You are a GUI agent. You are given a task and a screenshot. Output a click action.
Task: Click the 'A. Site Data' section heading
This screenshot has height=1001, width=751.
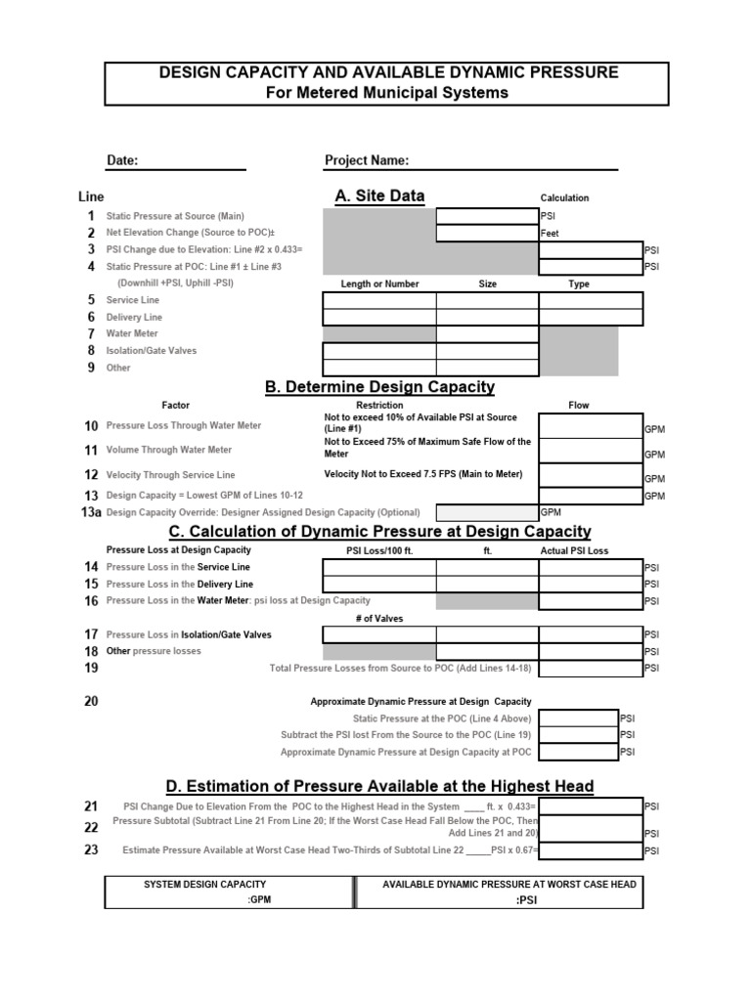(379, 196)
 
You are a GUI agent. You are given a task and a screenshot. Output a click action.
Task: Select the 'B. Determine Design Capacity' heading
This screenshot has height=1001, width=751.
(379, 387)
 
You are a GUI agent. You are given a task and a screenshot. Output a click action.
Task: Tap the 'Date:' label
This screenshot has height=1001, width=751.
(122, 160)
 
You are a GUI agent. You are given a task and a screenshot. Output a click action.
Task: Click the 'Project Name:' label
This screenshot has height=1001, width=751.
(367, 160)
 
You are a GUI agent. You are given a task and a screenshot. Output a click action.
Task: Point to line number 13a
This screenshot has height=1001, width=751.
(91, 512)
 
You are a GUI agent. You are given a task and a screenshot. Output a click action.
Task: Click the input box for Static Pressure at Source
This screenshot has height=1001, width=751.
(487, 216)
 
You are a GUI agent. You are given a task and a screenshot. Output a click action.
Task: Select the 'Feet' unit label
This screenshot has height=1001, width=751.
(551, 234)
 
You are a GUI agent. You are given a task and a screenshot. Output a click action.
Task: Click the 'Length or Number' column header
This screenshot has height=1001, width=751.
(379, 284)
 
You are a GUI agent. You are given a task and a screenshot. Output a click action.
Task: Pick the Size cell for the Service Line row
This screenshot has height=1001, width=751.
(487, 300)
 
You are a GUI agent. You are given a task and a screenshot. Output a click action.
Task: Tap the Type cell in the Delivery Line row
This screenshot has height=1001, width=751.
(591, 317)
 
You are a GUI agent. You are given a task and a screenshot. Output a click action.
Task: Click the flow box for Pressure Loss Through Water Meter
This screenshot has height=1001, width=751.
(591, 426)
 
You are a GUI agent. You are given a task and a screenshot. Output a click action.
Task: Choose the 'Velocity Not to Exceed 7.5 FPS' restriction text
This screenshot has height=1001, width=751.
(423, 475)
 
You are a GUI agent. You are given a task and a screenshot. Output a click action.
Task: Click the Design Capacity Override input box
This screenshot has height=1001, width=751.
(487, 512)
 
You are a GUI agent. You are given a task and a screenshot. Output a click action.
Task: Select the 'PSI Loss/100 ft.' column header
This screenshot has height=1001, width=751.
(380, 551)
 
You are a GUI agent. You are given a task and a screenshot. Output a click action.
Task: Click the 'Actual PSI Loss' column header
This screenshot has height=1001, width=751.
(574, 551)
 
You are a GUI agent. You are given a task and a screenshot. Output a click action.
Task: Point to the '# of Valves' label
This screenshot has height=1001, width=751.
(379, 619)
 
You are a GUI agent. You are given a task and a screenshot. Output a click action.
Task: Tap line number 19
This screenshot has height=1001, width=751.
(91, 669)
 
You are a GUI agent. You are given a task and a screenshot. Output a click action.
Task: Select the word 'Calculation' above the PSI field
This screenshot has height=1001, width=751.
(565, 198)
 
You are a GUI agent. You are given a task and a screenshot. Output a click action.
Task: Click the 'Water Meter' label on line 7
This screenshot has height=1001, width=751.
(132, 334)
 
